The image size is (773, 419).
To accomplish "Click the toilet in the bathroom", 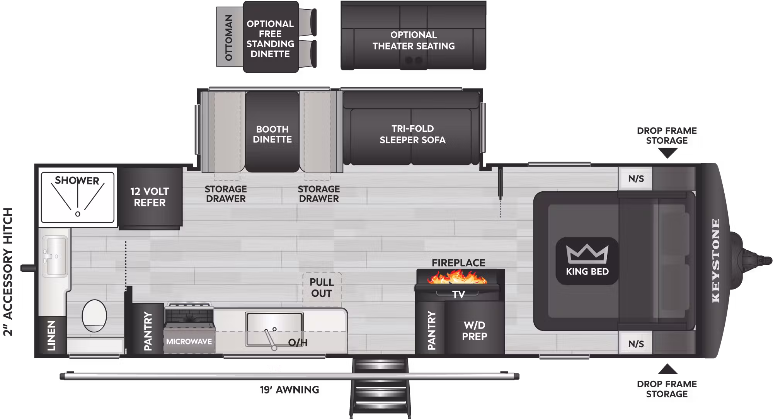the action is (x=94, y=316).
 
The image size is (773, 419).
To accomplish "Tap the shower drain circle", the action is (x=78, y=214).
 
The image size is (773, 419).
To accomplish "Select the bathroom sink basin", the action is (x=54, y=256).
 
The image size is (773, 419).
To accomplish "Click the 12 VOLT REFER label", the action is (x=150, y=197).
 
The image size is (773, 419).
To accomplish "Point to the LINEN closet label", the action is (x=51, y=336).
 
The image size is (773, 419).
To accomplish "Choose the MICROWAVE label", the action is (x=189, y=341).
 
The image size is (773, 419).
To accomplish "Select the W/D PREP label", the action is (x=475, y=330).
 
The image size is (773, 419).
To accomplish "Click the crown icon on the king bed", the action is (x=587, y=254).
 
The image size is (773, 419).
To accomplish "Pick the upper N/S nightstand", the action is (x=636, y=179).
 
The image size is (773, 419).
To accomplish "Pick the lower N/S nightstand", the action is (x=636, y=344).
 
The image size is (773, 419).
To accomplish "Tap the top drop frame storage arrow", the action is (x=667, y=153).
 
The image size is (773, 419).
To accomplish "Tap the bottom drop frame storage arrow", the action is (x=667, y=369).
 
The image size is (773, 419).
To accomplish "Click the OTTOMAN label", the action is (x=229, y=37).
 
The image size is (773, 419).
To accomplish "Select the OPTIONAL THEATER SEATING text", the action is (x=414, y=40).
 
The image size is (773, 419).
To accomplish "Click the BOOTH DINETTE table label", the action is (x=272, y=134).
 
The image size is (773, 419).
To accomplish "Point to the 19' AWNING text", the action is (x=289, y=390).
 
